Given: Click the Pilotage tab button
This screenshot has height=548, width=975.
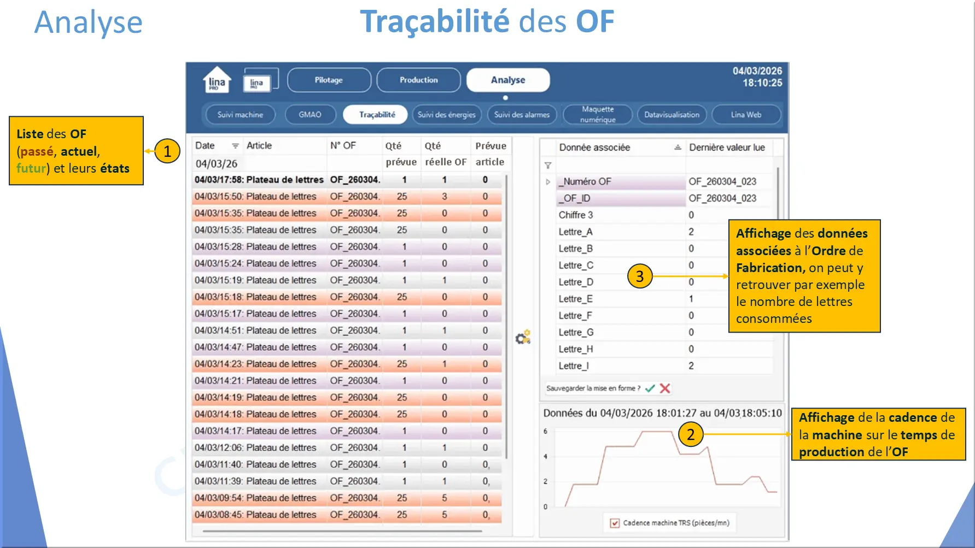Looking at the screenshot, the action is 329,80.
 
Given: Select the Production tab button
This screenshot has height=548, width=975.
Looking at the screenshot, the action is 418,80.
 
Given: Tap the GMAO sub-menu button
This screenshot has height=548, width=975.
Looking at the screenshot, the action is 310,115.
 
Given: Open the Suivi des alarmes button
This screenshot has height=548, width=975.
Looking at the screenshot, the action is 522,115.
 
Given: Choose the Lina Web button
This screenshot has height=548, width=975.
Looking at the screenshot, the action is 746,115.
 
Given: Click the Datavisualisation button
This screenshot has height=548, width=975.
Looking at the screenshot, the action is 672,115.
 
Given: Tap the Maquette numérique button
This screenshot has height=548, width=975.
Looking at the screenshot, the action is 598,115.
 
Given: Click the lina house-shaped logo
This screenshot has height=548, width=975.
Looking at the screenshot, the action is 217,80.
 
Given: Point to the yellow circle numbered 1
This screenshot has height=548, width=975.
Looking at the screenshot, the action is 167,151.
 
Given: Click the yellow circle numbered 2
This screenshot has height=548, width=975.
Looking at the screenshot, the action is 691,434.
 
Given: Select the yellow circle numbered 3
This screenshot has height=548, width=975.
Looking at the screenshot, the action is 640,276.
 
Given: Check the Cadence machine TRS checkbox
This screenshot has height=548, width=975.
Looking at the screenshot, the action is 615,523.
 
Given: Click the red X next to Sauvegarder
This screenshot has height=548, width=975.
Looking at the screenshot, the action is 665,388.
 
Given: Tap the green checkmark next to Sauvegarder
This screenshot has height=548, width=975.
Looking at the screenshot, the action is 650,388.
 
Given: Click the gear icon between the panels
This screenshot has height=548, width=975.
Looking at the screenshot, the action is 523,337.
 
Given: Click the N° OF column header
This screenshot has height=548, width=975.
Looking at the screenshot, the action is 343,145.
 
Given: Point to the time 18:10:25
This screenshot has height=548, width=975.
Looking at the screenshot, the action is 762,83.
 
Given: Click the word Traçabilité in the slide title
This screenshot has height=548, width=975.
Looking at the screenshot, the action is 435,22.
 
